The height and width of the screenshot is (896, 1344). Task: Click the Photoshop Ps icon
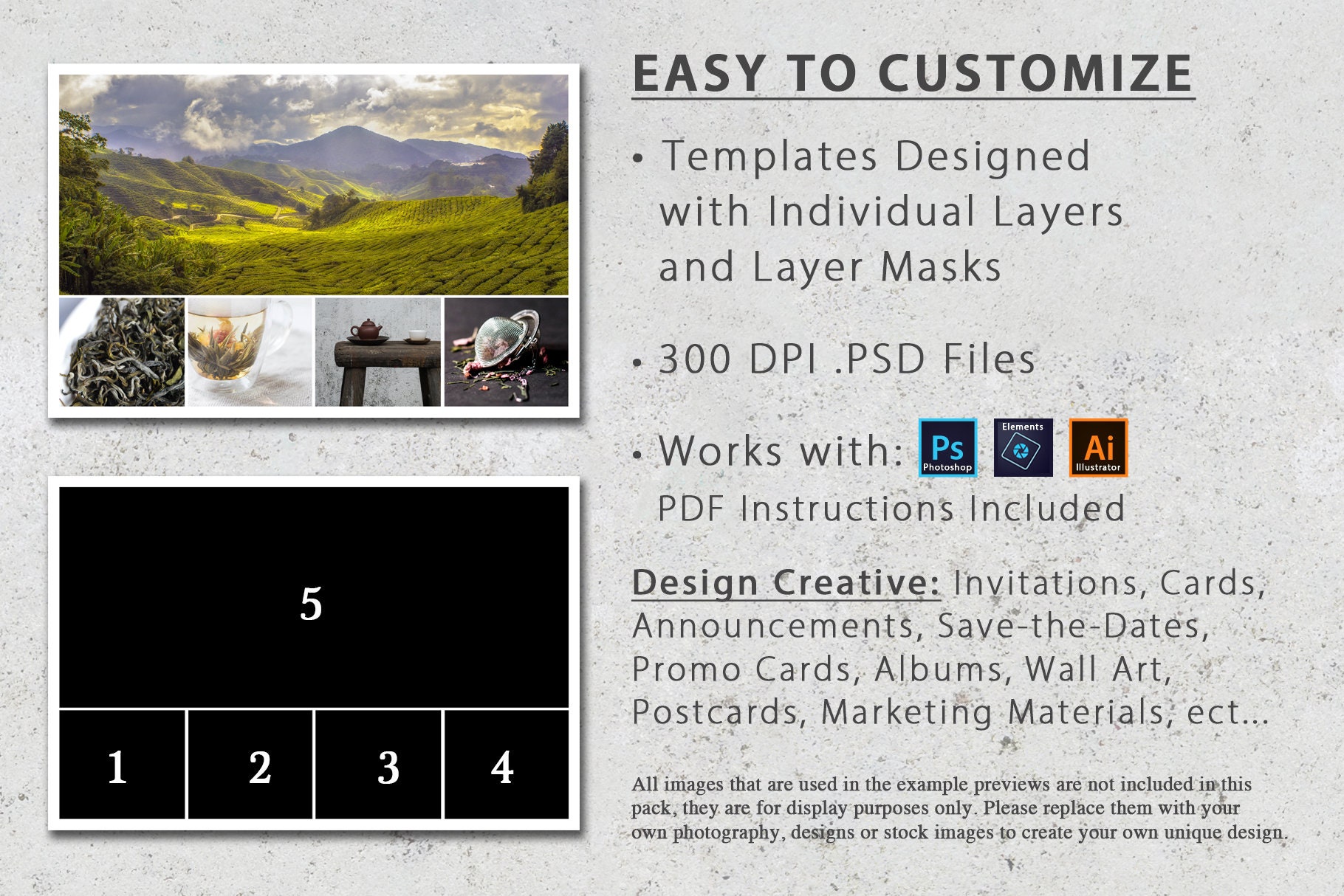pos(947,447)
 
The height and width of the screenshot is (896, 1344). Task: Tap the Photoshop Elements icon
pos(1023,447)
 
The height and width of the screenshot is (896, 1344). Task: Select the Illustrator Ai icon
pos(1098,447)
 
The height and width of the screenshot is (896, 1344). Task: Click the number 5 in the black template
pos(311,604)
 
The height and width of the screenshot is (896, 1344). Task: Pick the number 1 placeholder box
pos(117,766)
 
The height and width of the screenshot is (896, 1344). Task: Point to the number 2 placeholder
pos(259,766)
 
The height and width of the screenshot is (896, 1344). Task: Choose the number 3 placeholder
pos(388,766)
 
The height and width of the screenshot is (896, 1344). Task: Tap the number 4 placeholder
pos(502,766)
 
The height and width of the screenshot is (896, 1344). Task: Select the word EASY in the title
pos(699,74)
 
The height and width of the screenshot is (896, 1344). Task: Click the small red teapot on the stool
pos(367,329)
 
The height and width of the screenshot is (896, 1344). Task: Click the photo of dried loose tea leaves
pos(122,352)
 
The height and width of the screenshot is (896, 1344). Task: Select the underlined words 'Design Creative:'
pos(786,582)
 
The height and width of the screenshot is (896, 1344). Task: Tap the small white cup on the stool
pos(418,336)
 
